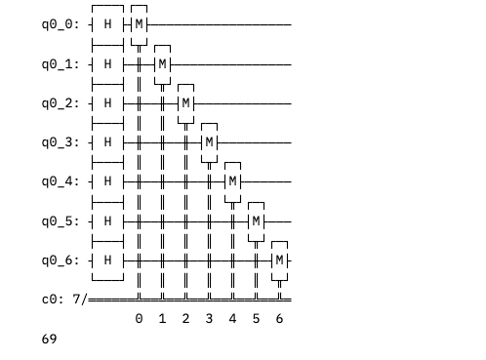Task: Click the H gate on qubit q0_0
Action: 107,24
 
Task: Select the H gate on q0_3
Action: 107,142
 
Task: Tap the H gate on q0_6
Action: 107,260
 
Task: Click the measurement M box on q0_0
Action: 139,24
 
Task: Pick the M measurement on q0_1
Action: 162,64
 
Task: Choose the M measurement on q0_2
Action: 185,103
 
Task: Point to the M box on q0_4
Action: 232,181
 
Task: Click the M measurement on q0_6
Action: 279,260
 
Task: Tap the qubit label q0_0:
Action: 61,24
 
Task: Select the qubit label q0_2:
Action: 61,103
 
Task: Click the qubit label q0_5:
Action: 61,221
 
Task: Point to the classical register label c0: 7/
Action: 64,300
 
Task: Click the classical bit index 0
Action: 139,319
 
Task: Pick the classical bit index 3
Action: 209,319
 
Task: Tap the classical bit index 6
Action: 279,319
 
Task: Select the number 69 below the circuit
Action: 49,339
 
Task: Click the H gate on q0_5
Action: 107,221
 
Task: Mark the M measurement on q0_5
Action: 256,221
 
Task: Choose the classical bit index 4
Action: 232,319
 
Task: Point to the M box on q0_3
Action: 209,142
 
